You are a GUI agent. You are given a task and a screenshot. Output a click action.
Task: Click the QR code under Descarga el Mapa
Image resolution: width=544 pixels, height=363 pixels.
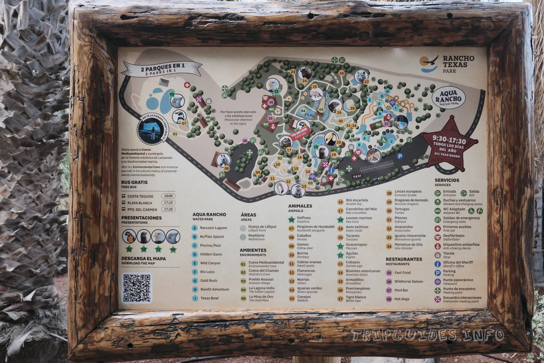pos(137,288)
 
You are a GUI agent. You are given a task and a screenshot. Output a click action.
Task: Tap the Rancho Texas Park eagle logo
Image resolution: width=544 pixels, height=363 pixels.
pos(429,63)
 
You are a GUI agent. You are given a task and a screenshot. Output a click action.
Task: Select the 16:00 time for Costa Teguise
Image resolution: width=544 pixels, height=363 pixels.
pos(168,196)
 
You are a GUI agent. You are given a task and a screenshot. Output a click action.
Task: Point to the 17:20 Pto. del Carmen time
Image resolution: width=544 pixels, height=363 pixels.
pos(168,209)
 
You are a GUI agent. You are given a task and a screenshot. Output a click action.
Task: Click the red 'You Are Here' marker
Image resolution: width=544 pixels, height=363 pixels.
pos(299,134)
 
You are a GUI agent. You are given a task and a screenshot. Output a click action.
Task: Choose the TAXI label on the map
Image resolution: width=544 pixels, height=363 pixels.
pos(357,176)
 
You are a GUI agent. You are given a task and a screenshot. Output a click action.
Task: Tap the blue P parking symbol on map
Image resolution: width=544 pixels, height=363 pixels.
pos(400,157)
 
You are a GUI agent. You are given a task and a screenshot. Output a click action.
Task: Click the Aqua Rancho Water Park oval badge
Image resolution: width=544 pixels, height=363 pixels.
pos(448,98)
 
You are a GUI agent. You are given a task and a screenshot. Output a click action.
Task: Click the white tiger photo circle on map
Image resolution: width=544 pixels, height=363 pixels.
pos(361,76)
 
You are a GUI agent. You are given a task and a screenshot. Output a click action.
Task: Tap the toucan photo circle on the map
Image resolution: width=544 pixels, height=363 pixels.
pos(331,139)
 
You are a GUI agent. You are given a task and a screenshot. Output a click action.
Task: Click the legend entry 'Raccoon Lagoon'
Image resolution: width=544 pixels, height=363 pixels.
pos(213,228)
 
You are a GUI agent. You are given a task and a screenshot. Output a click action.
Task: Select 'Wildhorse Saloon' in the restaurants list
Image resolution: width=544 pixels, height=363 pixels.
pos(408,282)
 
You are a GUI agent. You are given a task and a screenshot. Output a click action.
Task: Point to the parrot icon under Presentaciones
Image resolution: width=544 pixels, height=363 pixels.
pos(129,237)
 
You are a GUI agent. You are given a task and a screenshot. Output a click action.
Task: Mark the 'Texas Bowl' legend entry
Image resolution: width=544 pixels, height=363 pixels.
pos(209,298)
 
